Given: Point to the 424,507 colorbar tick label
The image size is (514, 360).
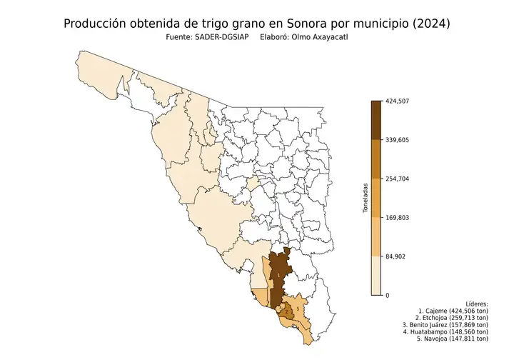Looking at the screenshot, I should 397,101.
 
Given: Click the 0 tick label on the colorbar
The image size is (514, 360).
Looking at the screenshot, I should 388,295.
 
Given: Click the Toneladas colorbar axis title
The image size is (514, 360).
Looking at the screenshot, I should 365,198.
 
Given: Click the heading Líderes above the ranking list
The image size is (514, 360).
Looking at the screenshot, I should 475,304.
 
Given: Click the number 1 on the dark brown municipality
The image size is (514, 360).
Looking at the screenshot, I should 278,274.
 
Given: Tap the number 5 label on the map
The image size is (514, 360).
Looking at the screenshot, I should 297,309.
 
